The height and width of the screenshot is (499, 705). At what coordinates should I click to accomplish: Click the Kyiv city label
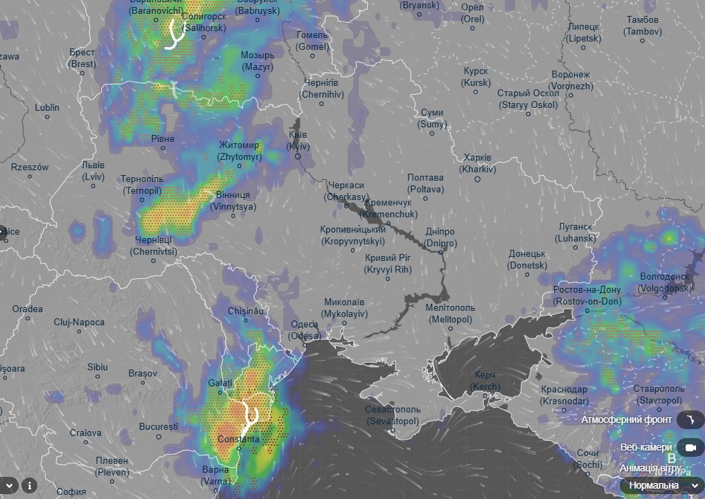tap(298, 140)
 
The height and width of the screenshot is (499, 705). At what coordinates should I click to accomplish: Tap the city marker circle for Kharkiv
tap(477, 179)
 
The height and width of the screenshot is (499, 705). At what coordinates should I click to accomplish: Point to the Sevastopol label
tap(393, 415)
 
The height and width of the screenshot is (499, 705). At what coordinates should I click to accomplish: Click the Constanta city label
tap(238, 439)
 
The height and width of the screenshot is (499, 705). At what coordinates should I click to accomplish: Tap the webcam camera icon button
tap(690, 448)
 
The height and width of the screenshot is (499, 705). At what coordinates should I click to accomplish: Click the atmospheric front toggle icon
tap(690, 419)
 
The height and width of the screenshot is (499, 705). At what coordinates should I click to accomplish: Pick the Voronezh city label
tap(571, 80)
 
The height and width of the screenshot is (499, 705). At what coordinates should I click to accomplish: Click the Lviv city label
tap(93, 171)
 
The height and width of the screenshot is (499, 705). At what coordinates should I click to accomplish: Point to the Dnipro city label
tap(440, 237)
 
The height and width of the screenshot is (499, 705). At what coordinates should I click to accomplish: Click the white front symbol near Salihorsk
tap(173, 35)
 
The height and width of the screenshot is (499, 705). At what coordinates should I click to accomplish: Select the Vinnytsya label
tap(233, 201)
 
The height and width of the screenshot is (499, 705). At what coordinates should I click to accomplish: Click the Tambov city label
tap(642, 26)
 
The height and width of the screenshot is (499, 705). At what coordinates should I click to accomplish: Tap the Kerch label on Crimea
tap(485, 380)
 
